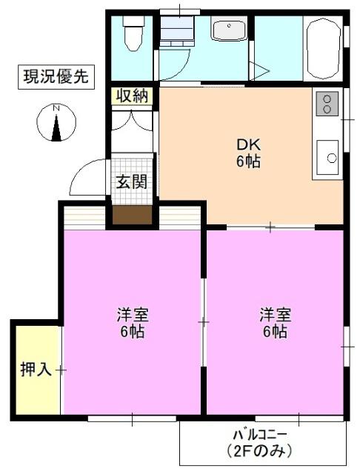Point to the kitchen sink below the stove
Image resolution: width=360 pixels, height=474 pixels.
coord(327,157)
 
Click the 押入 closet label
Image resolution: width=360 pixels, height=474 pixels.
coord(36,369)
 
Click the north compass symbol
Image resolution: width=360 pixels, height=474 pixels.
coord(55,123)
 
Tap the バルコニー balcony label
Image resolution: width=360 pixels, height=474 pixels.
coord(259,435)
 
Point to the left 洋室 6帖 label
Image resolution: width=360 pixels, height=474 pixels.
coord(133,322)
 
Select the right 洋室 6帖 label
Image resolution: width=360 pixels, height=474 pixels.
coord(275,322)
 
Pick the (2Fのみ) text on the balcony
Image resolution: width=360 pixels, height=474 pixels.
coord(259,450)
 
